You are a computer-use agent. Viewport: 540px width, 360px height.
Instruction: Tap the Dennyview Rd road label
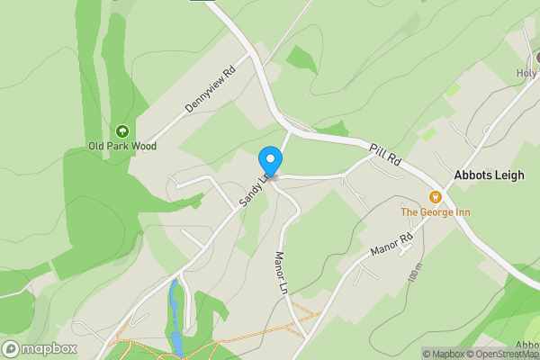pos(210,87)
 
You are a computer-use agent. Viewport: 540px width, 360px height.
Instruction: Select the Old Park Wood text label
pos(122,146)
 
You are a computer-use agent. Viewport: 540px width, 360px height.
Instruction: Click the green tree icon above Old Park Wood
pos(122,130)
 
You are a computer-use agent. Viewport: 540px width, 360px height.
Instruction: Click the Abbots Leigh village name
pos(489,176)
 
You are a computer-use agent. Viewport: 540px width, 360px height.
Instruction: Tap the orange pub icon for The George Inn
pos(436,197)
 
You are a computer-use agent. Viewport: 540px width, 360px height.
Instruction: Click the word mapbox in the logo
pos(49,349)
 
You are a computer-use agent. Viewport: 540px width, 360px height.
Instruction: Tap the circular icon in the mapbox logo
pos(12,349)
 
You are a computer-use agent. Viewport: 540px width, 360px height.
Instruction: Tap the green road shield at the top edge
pos(202,2)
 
